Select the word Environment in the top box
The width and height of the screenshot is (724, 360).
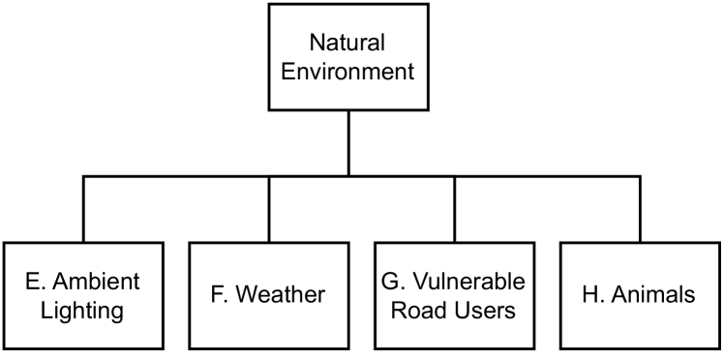348,71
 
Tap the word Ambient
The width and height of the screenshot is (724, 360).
97,282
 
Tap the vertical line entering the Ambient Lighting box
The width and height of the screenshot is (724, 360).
83,208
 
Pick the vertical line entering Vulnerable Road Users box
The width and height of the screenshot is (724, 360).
455,208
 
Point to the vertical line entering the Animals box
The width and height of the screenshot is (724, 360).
640,208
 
